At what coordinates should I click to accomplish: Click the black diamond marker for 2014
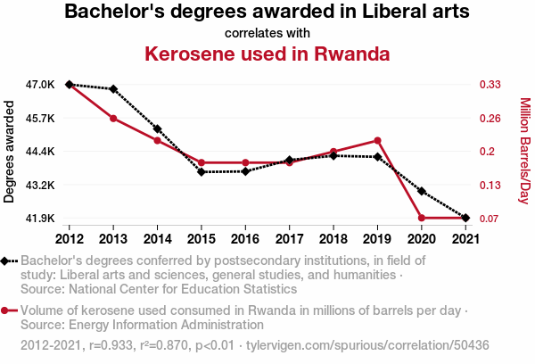point(157,129)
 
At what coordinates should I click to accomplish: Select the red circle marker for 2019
point(377,140)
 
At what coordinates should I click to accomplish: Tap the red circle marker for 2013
point(113,119)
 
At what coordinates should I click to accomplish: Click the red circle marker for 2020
point(421,218)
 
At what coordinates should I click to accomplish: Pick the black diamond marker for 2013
point(113,89)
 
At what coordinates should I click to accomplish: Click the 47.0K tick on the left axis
point(40,85)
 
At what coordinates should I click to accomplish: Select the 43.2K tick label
point(40,185)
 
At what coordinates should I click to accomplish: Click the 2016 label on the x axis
point(245,238)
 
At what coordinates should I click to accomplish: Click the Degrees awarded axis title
point(10,152)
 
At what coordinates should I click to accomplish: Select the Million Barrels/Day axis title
point(524,152)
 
